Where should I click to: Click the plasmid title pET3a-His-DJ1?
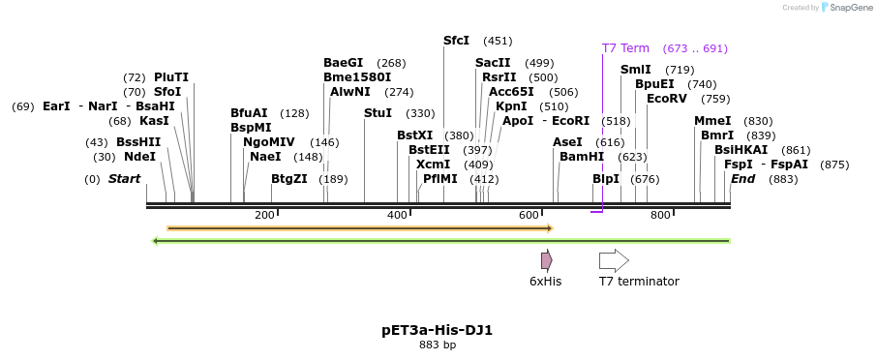(x=438, y=330)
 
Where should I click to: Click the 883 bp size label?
(x=438, y=345)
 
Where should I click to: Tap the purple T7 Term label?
(x=625, y=48)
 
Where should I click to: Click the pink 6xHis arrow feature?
(x=547, y=259)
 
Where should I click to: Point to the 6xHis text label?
(x=545, y=282)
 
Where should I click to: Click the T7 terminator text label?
(x=639, y=282)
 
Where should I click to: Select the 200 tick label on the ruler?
(x=264, y=215)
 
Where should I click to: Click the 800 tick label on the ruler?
(x=660, y=215)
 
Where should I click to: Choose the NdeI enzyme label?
(x=139, y=157)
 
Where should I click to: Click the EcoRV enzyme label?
(x=667, y=99)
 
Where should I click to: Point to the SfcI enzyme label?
(x=456, y=41)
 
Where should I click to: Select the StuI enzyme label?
(x=378, y=113)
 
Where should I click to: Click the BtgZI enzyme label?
(x=288, y=179)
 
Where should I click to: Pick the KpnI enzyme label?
(x=511, y=106)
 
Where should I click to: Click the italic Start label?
(x=124, y=179)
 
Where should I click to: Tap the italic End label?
(x=742, y=179)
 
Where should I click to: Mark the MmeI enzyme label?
(x=712, y=121)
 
